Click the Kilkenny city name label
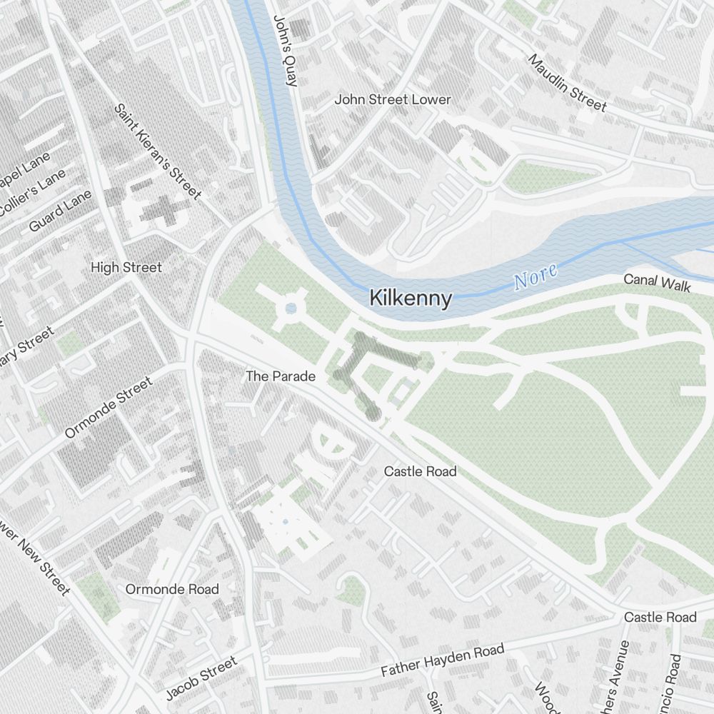click(x=411, y=298)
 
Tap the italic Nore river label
click(x=535, y=277)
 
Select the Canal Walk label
click(x=657, y=283)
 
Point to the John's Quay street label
click(x=284, y=51)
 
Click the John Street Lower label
click(x=393, y=99)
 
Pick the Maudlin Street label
click(x=568, y=83)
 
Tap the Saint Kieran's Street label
click(x=157, y=151)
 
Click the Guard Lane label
click(x=61, y=211)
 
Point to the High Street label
click(x=126, y=267)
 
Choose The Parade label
click(x=281, y=376)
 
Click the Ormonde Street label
click(x=109, y=408)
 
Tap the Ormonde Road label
click(x=172, y=589)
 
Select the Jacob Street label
click(x=201, y=679)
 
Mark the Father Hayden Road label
click(x=442, y=660)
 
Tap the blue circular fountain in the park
click(x=291, y=308)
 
